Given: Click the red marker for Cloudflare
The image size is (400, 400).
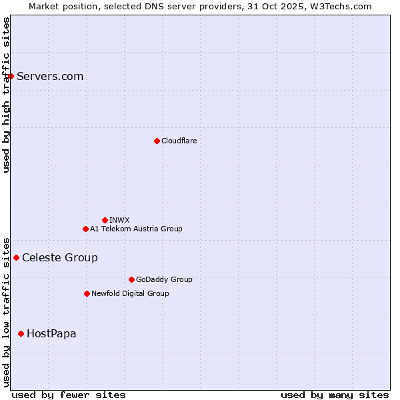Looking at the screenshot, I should tap(157, 141).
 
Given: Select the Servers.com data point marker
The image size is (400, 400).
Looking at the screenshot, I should tap(11, 76).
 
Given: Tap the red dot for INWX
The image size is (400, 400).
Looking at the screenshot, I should tap(105, 220).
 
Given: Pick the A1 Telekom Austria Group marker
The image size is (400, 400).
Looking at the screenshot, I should tap(85, 229).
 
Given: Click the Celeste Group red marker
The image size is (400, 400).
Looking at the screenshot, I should tap(16, 257).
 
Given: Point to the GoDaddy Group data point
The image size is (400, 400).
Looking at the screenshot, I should tap(131, 279).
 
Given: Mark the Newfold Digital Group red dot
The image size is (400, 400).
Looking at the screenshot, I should tap(87, 293).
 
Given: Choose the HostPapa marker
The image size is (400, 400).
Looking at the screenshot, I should tap(21, 333).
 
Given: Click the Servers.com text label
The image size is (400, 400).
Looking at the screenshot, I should tap(50, 76).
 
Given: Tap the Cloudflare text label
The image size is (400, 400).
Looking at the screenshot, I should tap(179, 141).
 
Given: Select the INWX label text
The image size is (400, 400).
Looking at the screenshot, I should tap(119, 220).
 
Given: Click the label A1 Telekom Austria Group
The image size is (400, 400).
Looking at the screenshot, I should tap(136, 229).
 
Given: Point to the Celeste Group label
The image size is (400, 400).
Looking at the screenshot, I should tap(60, 257).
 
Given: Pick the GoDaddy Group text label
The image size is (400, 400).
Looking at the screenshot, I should tap(164, 279).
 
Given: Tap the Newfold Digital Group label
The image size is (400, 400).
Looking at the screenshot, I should tap(130, 293).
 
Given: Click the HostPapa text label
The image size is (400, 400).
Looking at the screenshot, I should tap(51, 333).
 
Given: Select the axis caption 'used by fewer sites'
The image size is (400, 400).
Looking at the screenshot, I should tap(69, 395).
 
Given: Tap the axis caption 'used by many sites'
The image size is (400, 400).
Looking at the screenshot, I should tap(335, 395).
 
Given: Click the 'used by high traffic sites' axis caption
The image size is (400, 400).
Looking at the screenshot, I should tap(6, 95).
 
